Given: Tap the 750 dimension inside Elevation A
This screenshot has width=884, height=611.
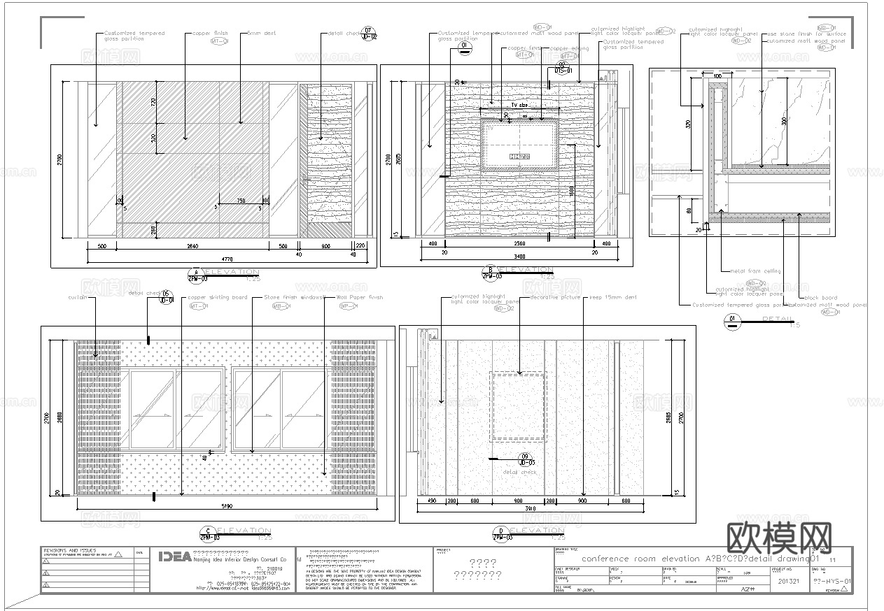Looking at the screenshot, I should coord(241,201).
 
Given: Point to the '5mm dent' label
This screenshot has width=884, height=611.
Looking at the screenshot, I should coord(262,34).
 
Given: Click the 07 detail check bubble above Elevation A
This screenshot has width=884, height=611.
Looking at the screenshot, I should coord(369,33).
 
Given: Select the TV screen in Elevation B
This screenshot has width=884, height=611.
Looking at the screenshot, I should coord(519,145).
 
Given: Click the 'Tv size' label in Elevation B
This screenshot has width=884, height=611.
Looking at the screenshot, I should coord(519,106).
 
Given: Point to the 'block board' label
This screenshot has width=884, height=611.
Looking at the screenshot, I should coord(820,298).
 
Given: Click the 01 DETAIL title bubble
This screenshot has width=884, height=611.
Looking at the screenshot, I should coord(733,320).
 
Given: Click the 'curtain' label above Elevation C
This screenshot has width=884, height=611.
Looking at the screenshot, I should coord(77,297).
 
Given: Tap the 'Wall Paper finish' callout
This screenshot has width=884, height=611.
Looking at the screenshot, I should coord(360,297).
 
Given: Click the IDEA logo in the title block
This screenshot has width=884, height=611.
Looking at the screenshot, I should coord(174,556).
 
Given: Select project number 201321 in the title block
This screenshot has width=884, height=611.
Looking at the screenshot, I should coord(787,580).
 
